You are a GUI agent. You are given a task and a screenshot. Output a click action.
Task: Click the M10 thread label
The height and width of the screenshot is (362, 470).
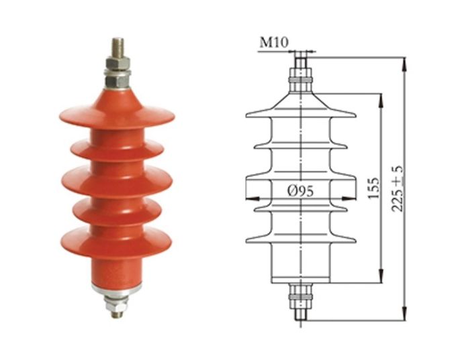pos(274,42)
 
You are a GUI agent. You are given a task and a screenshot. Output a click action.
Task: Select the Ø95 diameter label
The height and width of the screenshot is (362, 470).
pos(301,190)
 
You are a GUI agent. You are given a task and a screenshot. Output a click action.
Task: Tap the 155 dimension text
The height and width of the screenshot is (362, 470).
pos(373,188)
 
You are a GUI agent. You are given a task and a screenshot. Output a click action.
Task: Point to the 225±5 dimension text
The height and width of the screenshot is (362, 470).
pos(397,188)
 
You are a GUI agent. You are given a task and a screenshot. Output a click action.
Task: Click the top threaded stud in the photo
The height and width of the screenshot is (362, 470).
pos(117,48)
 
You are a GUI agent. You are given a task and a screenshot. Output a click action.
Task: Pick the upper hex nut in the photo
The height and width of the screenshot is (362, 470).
pos(117,63)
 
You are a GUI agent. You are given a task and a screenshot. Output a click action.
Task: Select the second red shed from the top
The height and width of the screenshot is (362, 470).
pos(117,149)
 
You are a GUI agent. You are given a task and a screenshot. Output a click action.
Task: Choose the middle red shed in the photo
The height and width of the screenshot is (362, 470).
pos(117,181)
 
